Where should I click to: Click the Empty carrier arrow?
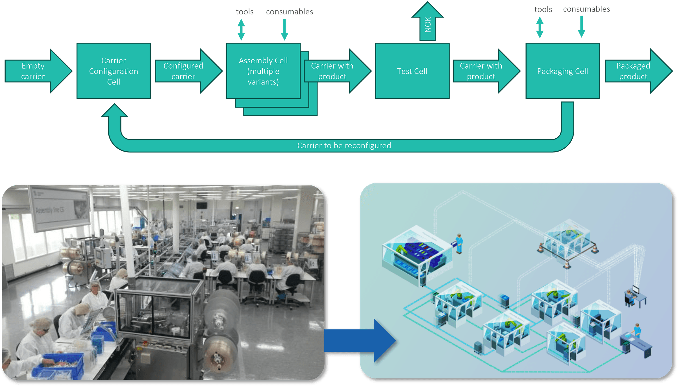(x=34, y=71)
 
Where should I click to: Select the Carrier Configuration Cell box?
(x=114, y=71)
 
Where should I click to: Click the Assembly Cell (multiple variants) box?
(x=263, y=71)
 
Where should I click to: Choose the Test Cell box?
(x=412, y=71)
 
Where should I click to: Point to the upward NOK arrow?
(x=427, y=23)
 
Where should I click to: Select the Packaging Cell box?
(x=562, y=71)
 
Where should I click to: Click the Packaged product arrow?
(x=634, y=71)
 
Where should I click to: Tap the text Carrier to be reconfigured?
(x=344, y=145)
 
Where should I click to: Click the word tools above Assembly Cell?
(x=245, y=12)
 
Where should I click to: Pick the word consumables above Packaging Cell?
(x=586, y=9)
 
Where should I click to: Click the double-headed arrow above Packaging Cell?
(x=540, y=27)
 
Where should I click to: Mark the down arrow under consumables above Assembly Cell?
(x=284, y=30)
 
